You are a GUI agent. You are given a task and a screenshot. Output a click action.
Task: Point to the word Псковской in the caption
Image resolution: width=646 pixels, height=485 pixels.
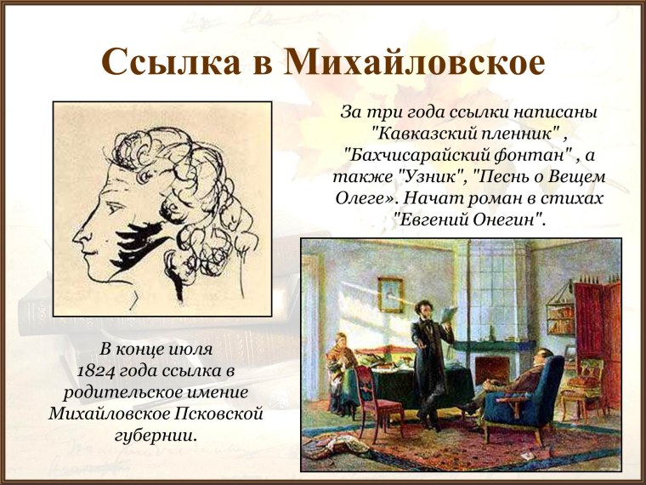point(220,414)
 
